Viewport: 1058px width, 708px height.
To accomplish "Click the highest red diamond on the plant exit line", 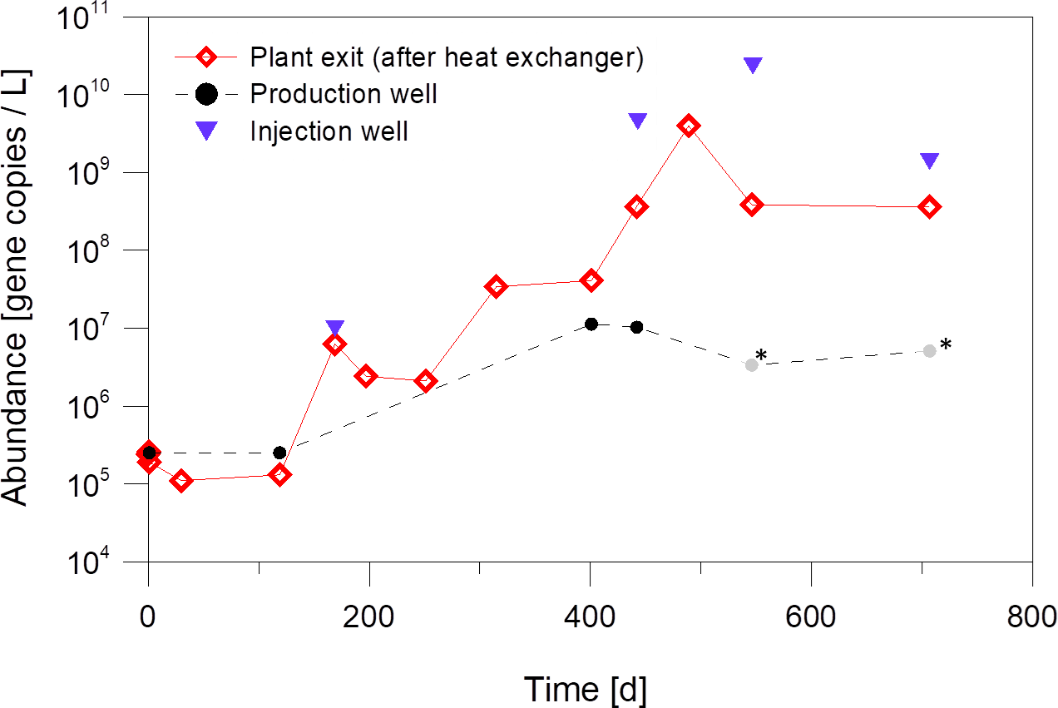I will [x=688, y=126].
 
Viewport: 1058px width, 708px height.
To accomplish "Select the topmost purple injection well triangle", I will [x=753, y=65].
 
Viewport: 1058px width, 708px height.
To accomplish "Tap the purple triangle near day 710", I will [x=930, y=161].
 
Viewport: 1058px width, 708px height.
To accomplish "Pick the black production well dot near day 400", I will [x=591, y=324].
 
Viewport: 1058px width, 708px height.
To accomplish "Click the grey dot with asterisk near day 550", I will [x=752, y=364].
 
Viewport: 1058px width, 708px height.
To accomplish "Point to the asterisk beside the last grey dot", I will [x=945, y=344].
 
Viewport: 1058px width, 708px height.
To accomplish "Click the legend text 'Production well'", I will [x=344, y=94].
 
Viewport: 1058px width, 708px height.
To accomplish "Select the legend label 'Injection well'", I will [x=329, y=131].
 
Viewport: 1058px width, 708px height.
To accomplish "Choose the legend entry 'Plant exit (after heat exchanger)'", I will [x=447, y=57].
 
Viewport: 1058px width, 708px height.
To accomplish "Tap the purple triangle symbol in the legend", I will [x=206, y=131].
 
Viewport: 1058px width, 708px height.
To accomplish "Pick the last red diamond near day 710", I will [x=930, y=207].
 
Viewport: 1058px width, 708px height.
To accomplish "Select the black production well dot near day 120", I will [x=280, y=453].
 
